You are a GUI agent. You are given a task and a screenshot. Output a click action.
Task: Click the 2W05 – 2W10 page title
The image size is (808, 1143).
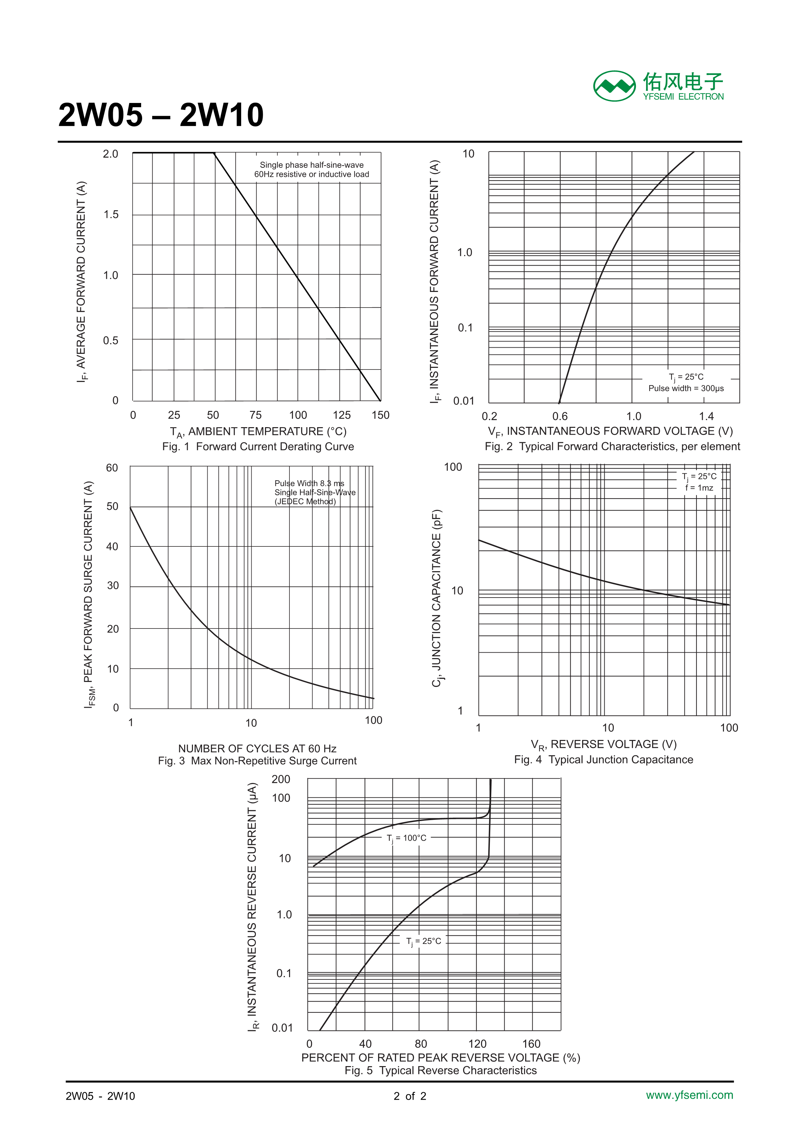tap(161, 115)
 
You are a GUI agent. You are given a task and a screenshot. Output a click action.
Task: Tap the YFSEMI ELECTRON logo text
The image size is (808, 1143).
tap(683, 96)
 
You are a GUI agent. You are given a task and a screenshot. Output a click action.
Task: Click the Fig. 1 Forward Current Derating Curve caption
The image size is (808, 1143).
tap(258, 447)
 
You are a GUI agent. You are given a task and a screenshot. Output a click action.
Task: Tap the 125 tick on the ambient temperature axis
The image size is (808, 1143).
tap(342, 415)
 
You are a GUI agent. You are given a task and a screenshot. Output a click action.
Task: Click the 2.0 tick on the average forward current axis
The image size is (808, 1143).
tap(110, 154)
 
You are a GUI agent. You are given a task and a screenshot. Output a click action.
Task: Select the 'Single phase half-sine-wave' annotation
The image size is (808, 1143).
tap(312, 165)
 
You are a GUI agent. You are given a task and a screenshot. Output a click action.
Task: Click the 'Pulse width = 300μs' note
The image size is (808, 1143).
tap(686, 388)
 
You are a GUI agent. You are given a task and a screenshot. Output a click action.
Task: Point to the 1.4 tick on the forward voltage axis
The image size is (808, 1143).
tap(706, 416)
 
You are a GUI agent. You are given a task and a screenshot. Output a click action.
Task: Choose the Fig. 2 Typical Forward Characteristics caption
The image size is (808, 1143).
tap(612, 447)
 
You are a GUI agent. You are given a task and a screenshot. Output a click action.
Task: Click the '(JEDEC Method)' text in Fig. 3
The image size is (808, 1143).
tap(305, 501)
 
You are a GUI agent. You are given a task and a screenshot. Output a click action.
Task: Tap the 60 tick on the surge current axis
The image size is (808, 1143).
tap(112, 468)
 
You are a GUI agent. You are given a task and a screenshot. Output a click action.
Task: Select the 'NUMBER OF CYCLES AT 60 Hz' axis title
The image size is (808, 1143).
tap(257, 749)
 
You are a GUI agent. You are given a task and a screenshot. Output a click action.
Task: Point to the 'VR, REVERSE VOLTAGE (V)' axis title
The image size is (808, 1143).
tap(603, 745)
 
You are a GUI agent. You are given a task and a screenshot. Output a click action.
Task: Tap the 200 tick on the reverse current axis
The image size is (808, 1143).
tap(281, 779)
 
